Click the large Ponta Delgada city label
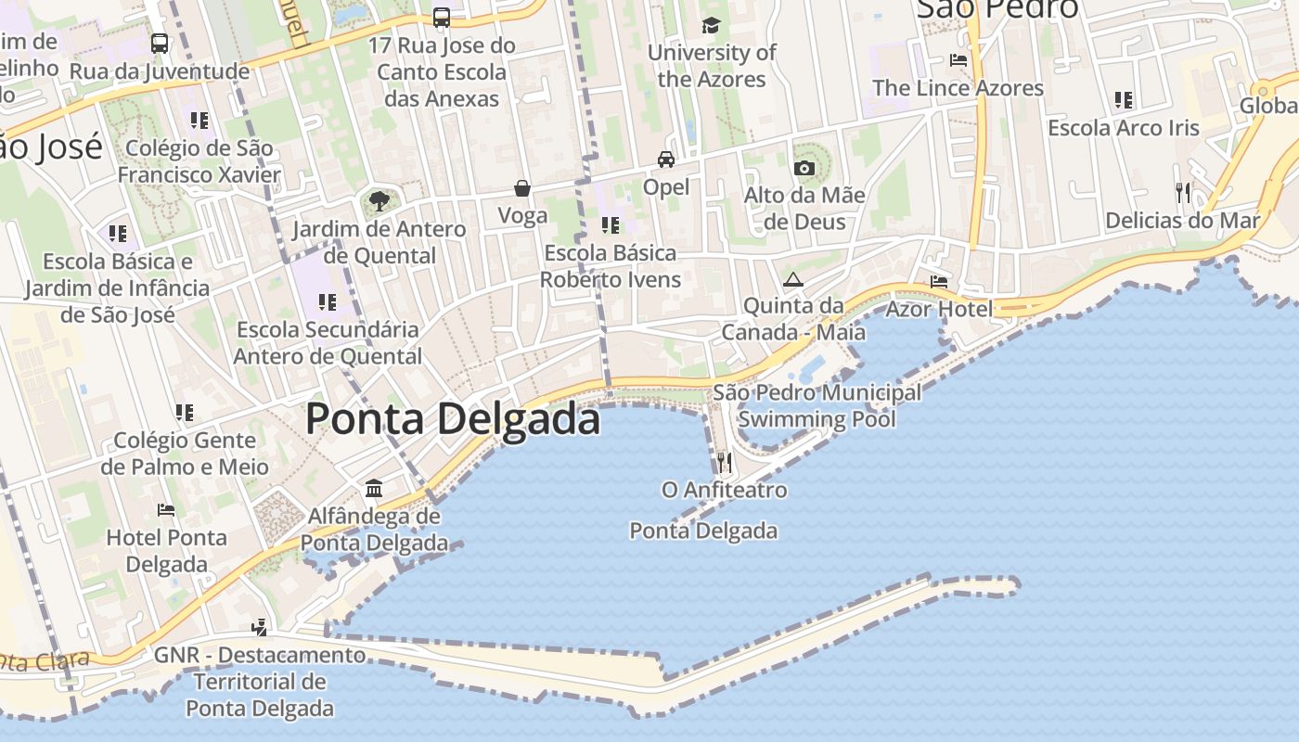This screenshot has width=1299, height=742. tap(453, 418)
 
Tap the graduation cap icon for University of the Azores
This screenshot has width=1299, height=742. tap(712, 25)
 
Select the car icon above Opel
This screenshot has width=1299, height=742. tap(666, 160)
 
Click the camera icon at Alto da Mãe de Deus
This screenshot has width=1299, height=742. tap(804, 168)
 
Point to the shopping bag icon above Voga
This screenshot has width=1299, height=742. tap(522, 188)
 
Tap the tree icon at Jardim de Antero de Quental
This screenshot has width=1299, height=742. tap(379, 200)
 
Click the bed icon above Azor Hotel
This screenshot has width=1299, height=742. tap(939, 281)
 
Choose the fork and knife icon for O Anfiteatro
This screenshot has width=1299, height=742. tap(725, 461)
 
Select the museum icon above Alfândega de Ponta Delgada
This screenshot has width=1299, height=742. tap(374, 488)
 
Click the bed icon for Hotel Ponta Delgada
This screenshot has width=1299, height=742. tap(166, 509)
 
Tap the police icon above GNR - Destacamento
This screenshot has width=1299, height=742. tap(260, 627)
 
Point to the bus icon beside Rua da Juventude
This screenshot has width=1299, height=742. tap(160, 43)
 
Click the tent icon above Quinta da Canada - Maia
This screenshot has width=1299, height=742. tap(792, 279)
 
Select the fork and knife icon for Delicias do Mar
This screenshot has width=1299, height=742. tap(1182, 193)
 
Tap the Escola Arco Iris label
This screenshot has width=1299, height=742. tap(1124, 128)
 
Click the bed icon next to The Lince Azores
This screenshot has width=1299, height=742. tap(958, 60)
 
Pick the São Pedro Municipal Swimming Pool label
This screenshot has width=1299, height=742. tap(817, 405)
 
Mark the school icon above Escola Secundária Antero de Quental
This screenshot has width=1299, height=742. tap(327, 301)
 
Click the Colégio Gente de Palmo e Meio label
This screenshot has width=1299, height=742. tap(185, 454)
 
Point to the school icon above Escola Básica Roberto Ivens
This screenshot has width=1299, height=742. tap(611, 224)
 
